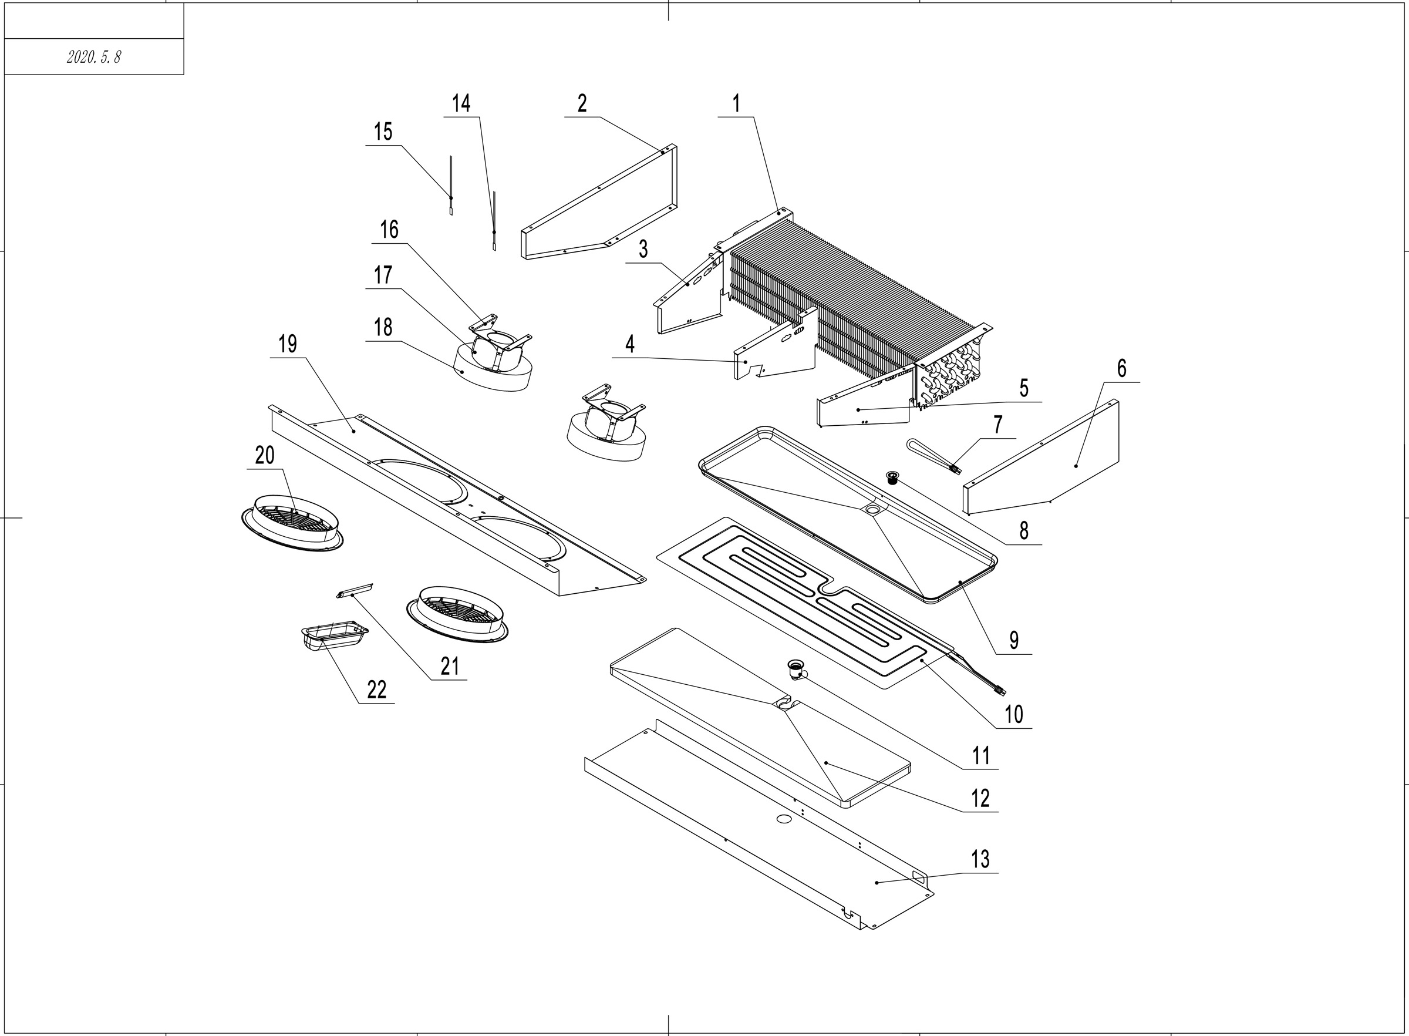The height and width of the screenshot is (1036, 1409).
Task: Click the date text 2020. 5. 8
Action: click(93, 57)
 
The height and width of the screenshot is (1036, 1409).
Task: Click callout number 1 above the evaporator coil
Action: click(736, 103)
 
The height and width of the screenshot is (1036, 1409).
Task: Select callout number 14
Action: click(461, 103)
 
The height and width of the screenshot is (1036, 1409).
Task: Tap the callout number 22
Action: click(376, 690)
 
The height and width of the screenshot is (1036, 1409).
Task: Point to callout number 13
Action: click(980, 859)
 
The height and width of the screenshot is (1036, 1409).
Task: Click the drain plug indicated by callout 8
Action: click(892, 477)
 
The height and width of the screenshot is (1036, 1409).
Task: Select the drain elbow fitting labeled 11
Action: click(797, 670)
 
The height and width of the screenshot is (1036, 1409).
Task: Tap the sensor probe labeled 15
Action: click(451, 185)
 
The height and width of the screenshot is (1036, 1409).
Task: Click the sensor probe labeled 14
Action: click(494, 223)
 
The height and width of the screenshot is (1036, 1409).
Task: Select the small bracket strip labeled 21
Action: click(355, 590)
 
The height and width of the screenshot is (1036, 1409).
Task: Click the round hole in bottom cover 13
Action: click(784, 819)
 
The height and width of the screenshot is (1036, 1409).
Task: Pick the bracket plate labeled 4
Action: click(774, 354)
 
